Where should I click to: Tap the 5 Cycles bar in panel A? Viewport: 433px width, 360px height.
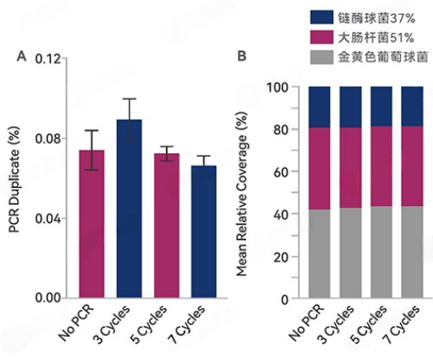167,224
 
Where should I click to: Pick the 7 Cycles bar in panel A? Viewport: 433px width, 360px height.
204,231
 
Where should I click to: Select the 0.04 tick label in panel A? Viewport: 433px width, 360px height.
47,218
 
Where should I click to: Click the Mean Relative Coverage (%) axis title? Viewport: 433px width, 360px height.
244,192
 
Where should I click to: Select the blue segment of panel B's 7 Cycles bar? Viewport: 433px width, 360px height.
412,106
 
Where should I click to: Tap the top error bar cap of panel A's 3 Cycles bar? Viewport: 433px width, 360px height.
129,99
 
